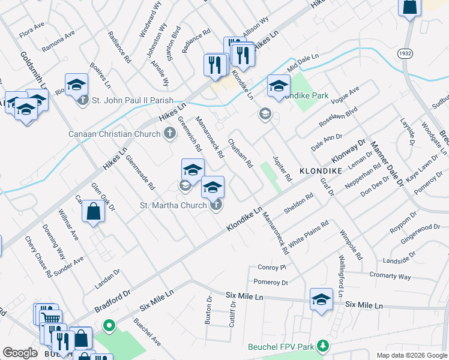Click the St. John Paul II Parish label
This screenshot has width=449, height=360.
(x=132, y=100)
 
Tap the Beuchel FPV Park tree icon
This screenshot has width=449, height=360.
(x=323, y=346)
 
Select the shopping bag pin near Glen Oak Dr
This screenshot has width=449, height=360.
(x=93, y=212)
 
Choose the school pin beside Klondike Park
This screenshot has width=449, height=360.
(x=279, y=86)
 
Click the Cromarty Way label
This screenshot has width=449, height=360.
(x=390, y=276)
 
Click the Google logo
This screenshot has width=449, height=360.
(x=20, y=353)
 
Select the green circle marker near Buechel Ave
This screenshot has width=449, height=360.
(x=109, y=327)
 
